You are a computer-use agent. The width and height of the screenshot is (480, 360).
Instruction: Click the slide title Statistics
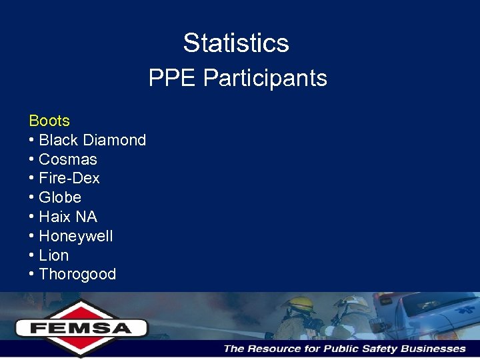tap(236, 43)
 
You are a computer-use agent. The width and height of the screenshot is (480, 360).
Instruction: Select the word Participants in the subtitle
tap(265, 79)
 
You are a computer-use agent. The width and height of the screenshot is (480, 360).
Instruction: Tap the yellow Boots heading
tap(49, 121)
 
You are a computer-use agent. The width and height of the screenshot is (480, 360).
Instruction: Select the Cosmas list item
tap(68, 159)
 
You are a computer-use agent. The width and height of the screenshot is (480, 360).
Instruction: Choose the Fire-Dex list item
tap(69, 178)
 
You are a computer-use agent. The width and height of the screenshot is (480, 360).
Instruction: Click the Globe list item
tap(60, 197)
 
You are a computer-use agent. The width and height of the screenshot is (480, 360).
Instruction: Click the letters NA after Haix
tap(86, 217)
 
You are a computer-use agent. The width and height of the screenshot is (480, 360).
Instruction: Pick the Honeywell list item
tap(76, 236)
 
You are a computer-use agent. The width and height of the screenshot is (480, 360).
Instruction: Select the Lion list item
tap(54, 255)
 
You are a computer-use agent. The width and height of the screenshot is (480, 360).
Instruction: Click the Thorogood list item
tap(77, 274)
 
